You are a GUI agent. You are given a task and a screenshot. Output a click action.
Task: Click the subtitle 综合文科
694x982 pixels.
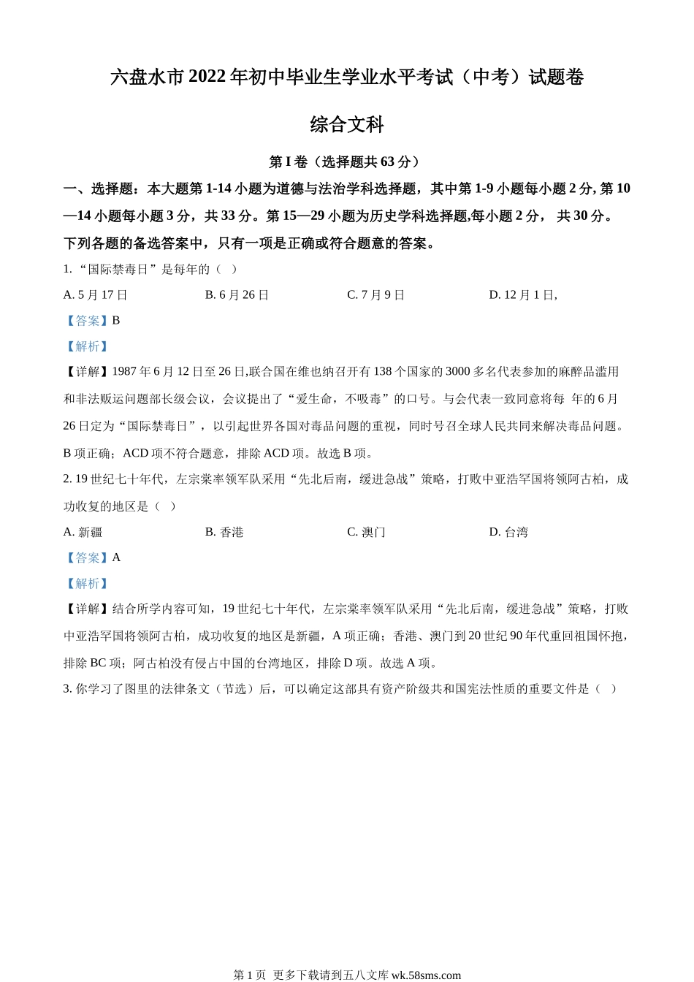[347, 125]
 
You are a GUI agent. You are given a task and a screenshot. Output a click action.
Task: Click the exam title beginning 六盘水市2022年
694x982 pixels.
[347, 77]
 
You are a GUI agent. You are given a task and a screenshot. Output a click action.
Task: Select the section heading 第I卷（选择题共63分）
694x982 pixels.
[347, 161]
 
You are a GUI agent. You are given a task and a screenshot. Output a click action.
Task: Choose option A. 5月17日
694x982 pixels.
[96, 295]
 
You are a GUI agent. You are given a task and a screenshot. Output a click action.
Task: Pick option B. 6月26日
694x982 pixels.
[237, 295]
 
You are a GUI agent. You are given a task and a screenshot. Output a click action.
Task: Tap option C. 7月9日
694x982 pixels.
[376, 295]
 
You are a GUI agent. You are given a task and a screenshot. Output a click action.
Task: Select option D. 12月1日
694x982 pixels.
[523, 295]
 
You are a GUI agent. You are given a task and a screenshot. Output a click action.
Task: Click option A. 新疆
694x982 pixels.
[83, 533]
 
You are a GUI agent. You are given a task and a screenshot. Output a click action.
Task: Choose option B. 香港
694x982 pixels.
[224, 533]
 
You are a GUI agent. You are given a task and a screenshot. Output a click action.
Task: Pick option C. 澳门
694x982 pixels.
[366, 533]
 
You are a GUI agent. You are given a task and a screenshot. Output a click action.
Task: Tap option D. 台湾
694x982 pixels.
[508, 533]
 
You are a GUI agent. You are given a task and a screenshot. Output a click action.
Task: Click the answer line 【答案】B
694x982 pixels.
[92, 321]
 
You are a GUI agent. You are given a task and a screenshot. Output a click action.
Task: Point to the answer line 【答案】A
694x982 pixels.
[92, 558]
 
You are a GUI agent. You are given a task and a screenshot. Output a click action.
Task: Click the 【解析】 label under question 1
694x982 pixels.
[87, 346]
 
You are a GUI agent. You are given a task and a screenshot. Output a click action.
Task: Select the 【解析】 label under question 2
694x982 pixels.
[87, 584]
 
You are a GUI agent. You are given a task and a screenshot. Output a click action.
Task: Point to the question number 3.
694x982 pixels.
[67, 689]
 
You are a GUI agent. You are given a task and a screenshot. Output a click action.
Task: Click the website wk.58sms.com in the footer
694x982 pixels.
[427, 975]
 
